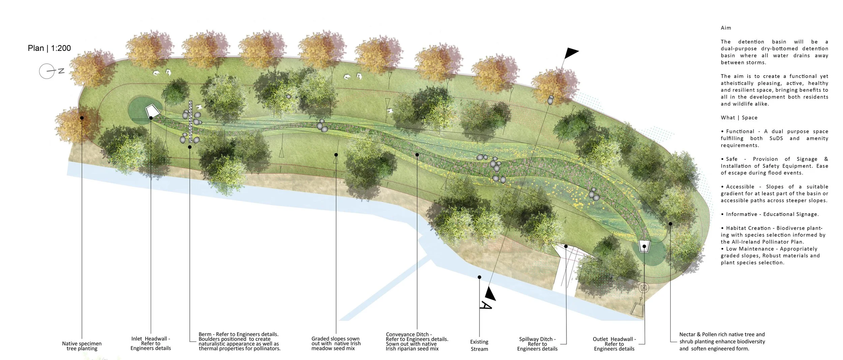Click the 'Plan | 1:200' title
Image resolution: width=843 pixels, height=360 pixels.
[49, 48]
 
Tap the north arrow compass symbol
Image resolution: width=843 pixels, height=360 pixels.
[47, 71]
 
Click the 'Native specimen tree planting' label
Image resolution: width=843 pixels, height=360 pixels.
[82, 346]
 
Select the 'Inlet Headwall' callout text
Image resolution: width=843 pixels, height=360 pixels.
[150, 343]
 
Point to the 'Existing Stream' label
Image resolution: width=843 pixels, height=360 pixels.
[479, 345]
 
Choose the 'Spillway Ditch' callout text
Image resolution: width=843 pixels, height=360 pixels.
[537, 344]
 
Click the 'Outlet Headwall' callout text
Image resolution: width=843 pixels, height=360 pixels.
[614, 344]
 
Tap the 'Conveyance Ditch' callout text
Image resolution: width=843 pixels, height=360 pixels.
[417, 341]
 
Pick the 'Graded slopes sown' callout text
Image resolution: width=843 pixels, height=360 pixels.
[336, 343]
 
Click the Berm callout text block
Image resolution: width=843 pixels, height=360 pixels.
[239, 341]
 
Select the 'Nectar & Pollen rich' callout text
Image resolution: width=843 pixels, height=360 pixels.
[722, 341]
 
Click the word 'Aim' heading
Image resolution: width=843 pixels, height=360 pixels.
[726, 28]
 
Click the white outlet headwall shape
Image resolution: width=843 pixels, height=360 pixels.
[644, 245]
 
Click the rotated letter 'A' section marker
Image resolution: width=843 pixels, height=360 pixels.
[486, 305]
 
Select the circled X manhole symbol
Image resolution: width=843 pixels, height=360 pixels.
[644, 288]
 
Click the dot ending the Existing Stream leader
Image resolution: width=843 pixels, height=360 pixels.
[479, 277]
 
